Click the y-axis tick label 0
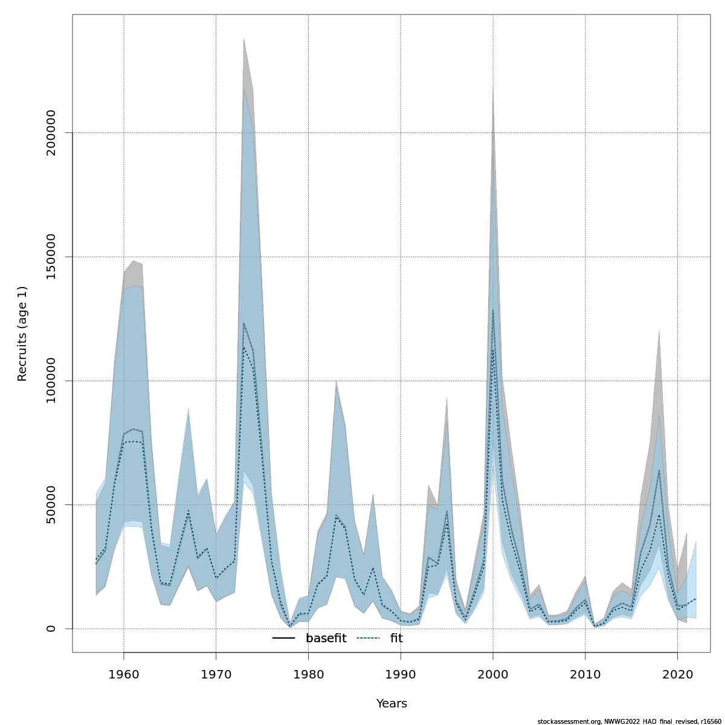[51, 628]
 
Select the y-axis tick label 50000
[51, 504]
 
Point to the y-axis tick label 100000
[51, 381]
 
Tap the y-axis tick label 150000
[51, 257]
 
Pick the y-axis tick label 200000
[51, 132]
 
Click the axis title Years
[391, 704]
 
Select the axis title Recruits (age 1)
[22, 333]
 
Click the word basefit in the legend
[326, 639]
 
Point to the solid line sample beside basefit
[283, 639]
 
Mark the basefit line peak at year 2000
[493, 310]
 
